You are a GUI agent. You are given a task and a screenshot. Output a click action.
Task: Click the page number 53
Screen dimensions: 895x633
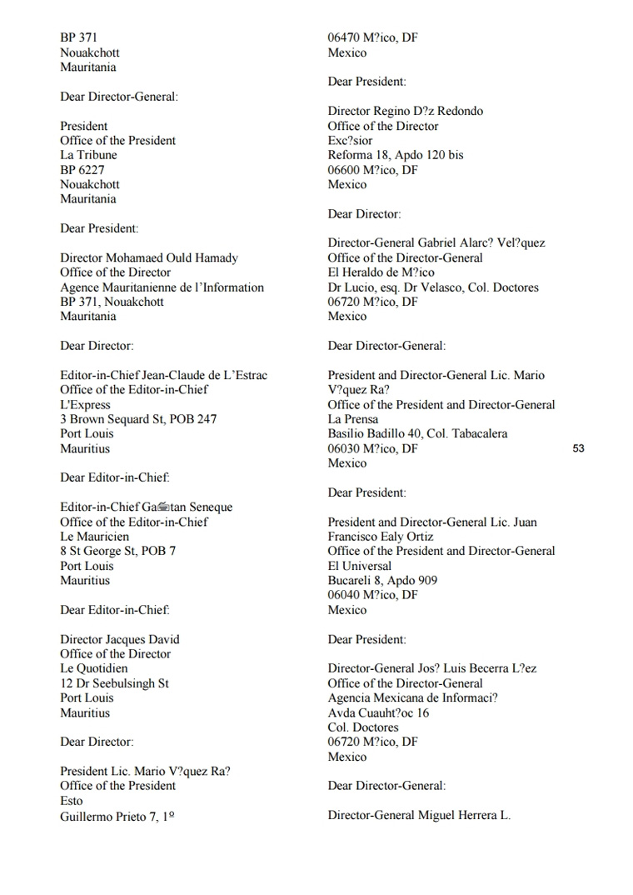[579, 448]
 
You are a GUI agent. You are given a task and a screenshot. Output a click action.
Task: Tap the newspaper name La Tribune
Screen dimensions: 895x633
[88, 155]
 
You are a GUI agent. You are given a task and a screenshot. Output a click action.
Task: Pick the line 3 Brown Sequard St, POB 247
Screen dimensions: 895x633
[138, 419]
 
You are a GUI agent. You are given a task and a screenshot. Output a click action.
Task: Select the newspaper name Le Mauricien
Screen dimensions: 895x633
[94, 537]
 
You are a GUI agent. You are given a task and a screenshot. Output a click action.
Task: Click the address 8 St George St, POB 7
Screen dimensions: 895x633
[117, 551]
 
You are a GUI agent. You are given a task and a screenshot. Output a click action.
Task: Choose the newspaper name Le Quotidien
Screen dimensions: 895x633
[94, 668]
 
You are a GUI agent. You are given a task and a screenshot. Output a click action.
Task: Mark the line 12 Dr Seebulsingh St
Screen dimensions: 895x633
[114, 683]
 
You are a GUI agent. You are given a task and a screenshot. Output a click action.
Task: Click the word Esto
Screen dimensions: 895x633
[72, 801]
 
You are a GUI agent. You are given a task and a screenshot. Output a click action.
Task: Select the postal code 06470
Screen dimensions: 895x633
[344, 37]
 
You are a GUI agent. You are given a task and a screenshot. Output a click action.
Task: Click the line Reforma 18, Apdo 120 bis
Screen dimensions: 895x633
[396, 155]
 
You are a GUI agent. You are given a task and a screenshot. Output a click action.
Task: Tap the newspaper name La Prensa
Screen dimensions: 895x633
[353, 419]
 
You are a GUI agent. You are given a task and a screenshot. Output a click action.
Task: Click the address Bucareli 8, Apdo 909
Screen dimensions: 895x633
[382, 580]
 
